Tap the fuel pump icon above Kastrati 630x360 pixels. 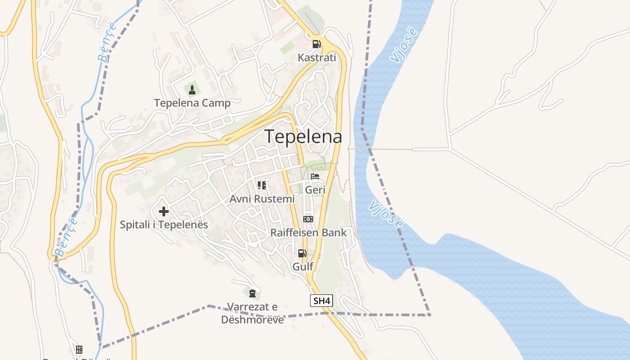click(x=316, y=44)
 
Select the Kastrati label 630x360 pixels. click(x=317, y=58)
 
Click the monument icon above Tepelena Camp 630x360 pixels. click(x=192, y=90)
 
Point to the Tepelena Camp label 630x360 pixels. click(x=192, y=103)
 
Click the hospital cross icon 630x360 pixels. click(x=163, y=211)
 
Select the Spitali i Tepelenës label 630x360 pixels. click(x=164, y=225)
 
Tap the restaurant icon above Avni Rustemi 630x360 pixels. click(x=262, y=185)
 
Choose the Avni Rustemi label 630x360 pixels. click(x=262, y=198)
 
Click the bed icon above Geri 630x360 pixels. click(x=315, y=176)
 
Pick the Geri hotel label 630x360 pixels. click(x=315, y=190)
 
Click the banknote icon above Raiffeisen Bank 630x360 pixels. click(x=308, y=219)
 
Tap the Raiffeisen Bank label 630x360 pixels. click(x=308, y=233)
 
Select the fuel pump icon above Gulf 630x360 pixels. click(x=302, y=253)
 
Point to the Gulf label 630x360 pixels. click(x=303, y=266)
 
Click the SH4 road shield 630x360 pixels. click(x=321, y=301)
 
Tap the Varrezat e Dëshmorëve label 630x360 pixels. click(x=252, y=313)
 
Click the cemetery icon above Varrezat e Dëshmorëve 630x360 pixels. click(x=252, y=294)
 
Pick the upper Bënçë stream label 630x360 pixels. click(x=107, y=41)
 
